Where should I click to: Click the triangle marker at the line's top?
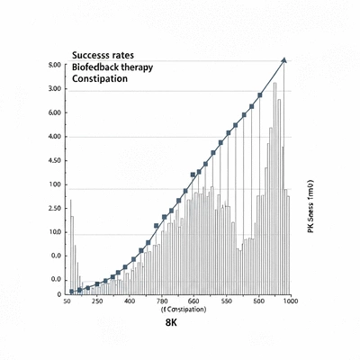(x=284, y=59)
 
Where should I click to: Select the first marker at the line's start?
(x=72, y=292)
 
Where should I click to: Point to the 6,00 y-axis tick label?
(x=53, y=113)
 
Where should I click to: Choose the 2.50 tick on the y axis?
(x=53, y=208)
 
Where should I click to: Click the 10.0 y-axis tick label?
(x=53, y=232)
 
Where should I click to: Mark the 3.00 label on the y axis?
(x=53, y=89)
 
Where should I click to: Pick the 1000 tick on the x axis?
(x=290, y=301)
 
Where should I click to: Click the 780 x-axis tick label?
(x=162, y=301)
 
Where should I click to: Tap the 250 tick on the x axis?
(x=96, y=301)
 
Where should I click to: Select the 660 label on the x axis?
(x=193, y=301)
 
